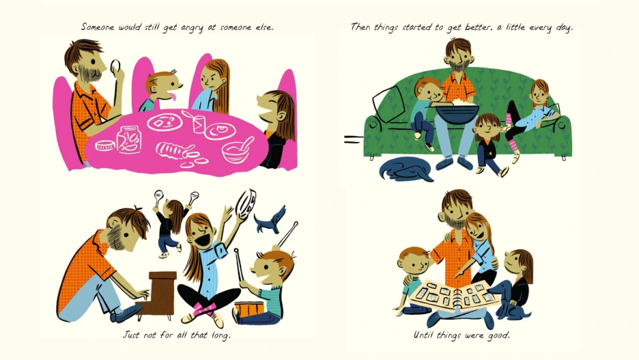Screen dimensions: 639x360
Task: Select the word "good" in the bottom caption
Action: [499, 335]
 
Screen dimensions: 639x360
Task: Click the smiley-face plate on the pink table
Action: [164, 122]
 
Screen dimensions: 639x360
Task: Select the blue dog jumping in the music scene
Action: [270, 220]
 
